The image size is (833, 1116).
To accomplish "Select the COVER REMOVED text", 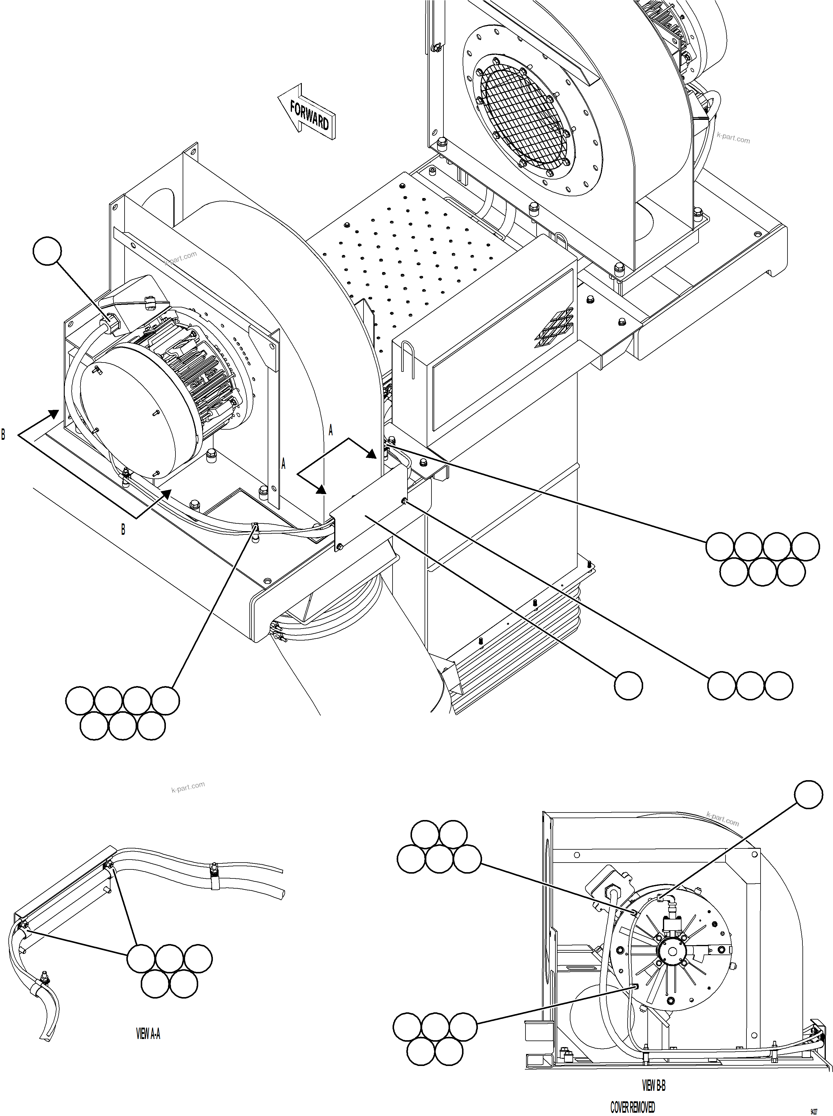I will [x=632, y=1107].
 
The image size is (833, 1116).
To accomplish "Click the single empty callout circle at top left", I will [x=47, y=251].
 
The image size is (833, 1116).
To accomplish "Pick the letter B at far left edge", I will [x=4, y=434].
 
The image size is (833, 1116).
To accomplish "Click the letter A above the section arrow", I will [x=331, y=430].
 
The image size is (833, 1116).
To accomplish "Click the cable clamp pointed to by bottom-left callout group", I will [x=255, y=529].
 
